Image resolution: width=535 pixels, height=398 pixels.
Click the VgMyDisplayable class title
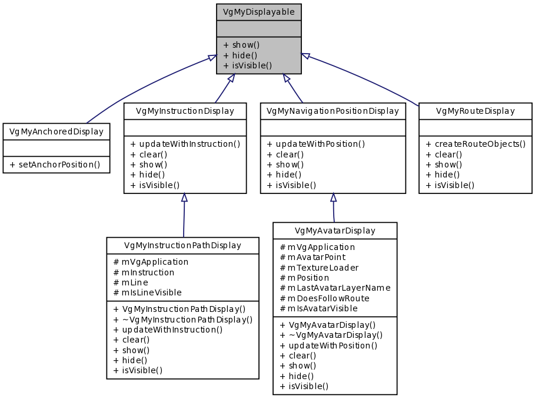click(259, 12)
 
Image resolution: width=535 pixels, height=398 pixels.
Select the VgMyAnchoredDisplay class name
click(57, 131)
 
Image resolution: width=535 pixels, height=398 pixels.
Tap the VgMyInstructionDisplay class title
click(185, 111)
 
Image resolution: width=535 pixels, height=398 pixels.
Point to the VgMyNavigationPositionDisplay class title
click(333, 111)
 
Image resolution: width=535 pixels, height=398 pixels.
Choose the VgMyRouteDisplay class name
click(476, 111)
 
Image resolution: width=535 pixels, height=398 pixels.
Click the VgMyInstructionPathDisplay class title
click(182, 245)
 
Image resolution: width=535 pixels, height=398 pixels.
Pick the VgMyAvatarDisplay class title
click(335, 230)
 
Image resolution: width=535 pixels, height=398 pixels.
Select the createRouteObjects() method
click(476, 144)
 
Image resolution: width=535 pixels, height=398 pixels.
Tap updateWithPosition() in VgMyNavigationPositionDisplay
click(316, 144)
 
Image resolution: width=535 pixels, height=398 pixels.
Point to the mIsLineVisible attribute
click(147, 292)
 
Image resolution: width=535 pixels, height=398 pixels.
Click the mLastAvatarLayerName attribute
click(335, 288)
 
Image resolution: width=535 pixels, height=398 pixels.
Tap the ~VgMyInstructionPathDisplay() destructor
click(182, 320)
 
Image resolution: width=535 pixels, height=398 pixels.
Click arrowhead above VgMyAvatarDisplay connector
click(333, 198)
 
